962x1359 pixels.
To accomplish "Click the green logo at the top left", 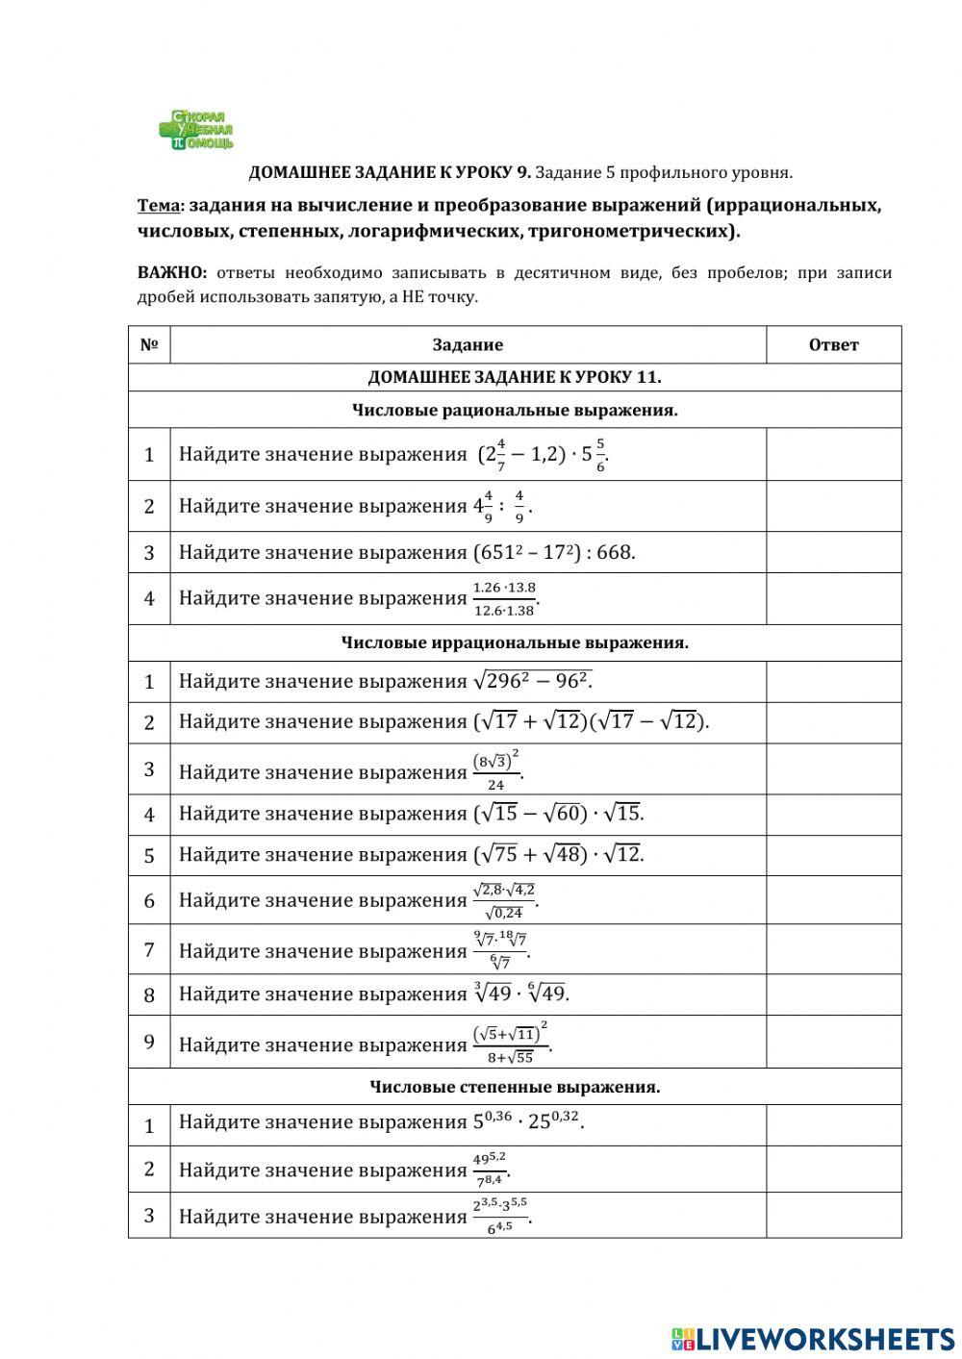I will [x=196, y=130].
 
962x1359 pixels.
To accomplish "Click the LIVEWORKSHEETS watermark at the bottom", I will [x=812, y=1338].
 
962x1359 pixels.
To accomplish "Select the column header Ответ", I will [x=833, y=345].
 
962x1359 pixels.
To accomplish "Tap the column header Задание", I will [x=468, y=345].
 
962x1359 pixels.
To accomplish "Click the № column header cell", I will [x=149, y=345].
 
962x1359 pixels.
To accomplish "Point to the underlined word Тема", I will [x=158, y=206].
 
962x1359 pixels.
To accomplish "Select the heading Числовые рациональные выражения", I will [x=515, y=411].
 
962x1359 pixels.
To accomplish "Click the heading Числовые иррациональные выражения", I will [x=515, y=642].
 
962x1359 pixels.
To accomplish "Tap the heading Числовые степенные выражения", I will [x=515, y=1087].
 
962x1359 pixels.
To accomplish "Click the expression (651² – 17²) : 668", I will [x=554, y=553].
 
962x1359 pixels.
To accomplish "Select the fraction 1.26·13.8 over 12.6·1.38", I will [x=504, y=598].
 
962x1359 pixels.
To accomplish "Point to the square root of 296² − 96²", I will [x=532, y=681].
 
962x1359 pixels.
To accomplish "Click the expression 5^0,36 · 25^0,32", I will [x=528, y=1121].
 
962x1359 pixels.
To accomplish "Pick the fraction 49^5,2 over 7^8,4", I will [x=490, y=1170].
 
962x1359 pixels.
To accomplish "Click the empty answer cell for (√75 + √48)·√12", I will [x=833, y=855].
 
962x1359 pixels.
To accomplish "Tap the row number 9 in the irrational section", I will [x=149, y=1042].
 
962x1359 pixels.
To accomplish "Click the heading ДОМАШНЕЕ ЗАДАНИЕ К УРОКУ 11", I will [x=515, y=378].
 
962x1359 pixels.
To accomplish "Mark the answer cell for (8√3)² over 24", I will [x=833, y=769].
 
